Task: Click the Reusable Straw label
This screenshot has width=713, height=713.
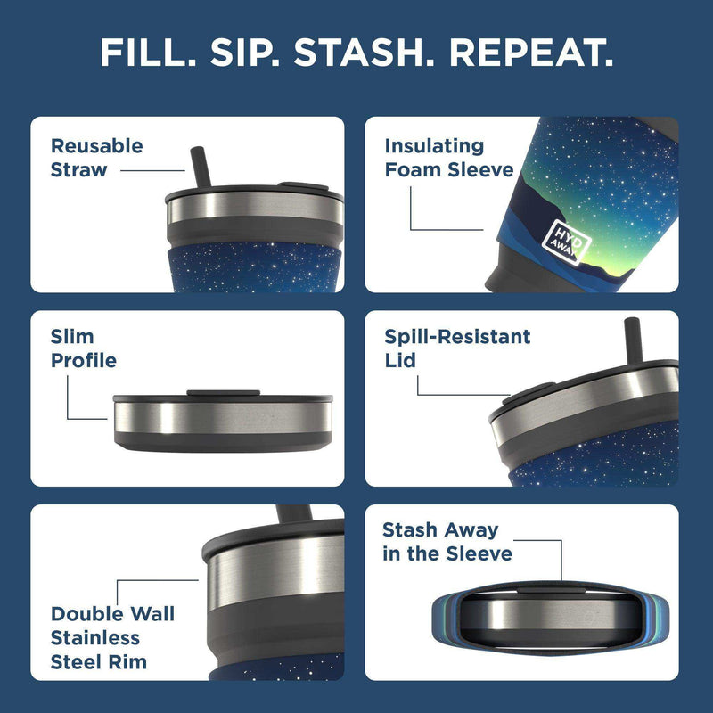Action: click(96, 158)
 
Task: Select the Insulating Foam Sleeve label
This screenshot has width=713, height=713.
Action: click(448, 158)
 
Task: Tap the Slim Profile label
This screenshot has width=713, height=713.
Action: click(83, 349)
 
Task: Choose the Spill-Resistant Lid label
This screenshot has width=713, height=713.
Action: click(457, 349)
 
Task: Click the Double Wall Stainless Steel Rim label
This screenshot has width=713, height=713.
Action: click(112, 637)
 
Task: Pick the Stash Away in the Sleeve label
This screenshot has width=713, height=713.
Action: click(447, 542)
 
